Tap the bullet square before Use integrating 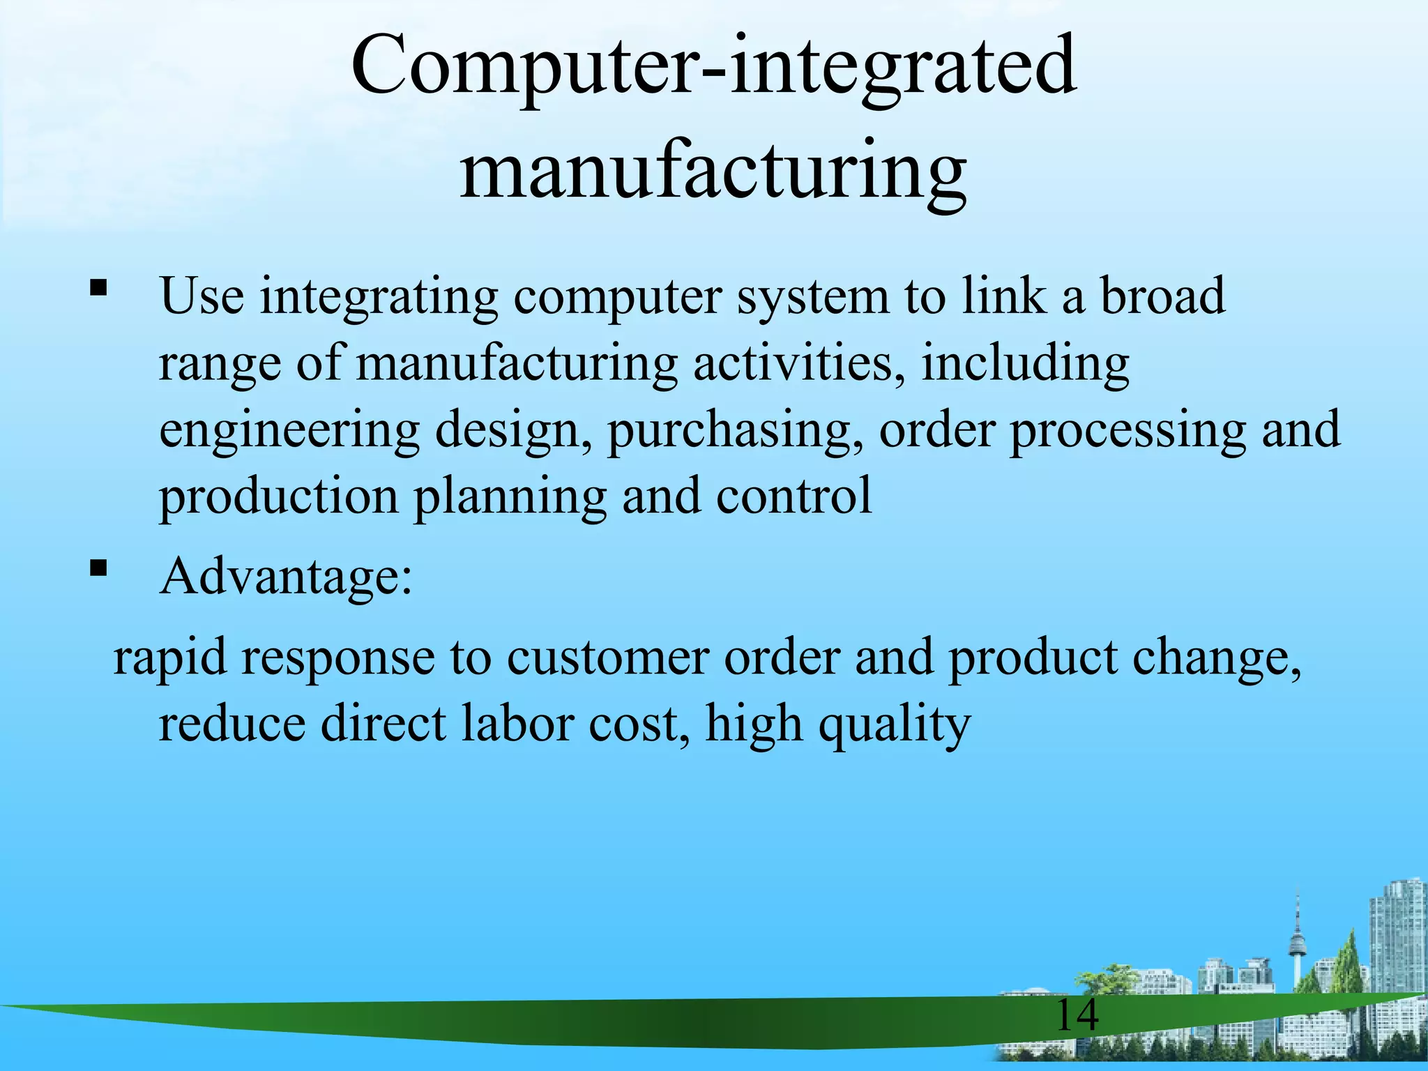pyautogui.click(x=98, y=287)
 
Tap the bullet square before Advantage pyautogui.click(x=98, y=568)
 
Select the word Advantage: pyautogui.click(x=286, y=577)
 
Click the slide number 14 pyautogui.click(x=1077, y=1015)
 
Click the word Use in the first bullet pyautogui.click(x=202, y=296)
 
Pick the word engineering pyautogui.click(x=289, y=431)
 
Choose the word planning pyautogui.click(x=510, y=497)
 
